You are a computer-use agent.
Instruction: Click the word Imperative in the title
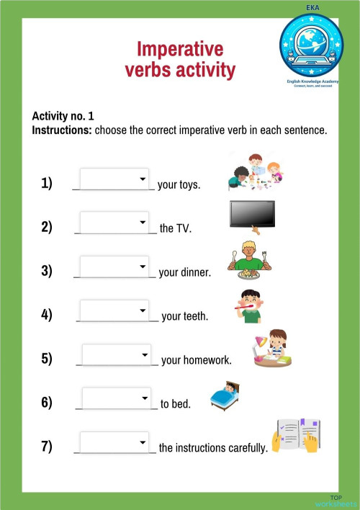180,49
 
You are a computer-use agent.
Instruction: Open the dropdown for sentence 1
114,179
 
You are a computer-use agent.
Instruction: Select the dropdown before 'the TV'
114,223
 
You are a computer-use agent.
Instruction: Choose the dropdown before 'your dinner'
114,267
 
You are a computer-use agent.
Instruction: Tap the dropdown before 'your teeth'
114,310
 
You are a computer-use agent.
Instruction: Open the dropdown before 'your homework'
117,355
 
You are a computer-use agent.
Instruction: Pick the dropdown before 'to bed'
117,398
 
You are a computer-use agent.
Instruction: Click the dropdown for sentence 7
114,442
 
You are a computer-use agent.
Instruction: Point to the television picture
252,215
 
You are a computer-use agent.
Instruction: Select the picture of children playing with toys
253,173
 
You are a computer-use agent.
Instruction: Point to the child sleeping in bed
225,395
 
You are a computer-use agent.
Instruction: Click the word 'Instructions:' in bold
61,130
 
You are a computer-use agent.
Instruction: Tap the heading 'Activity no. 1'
63,116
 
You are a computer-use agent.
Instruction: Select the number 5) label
47,358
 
